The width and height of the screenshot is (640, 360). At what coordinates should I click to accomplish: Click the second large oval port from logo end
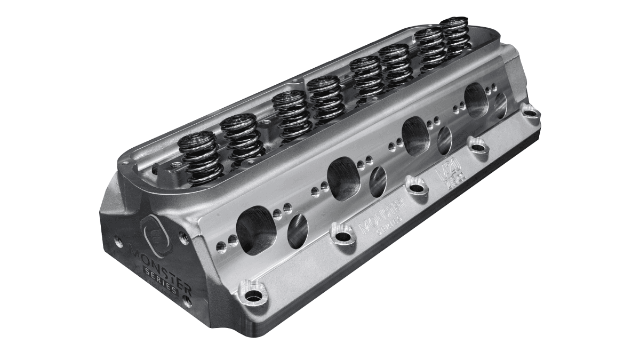click(342, 178)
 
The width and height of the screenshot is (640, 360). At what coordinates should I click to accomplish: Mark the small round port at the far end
click(500, 106)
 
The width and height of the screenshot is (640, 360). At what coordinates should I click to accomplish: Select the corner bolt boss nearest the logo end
click(254, 293)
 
